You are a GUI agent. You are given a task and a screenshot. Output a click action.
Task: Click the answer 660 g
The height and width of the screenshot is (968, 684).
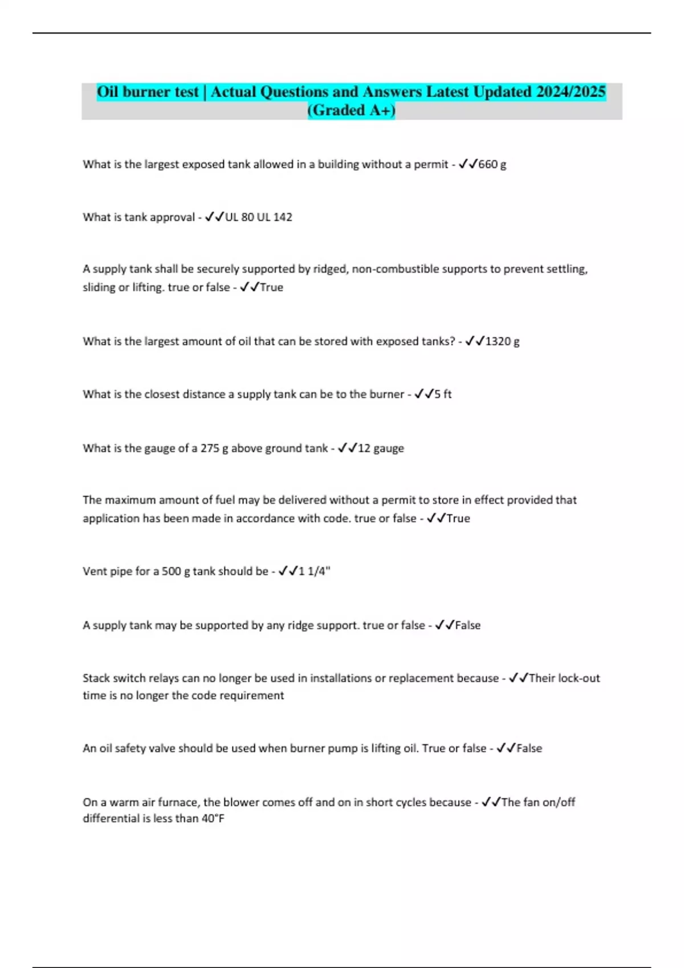[492, 164]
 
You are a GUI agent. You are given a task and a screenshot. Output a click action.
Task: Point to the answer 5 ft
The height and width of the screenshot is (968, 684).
[443, 394]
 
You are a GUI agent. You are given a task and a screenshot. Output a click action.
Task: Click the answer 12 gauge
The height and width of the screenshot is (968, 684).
[381, 448]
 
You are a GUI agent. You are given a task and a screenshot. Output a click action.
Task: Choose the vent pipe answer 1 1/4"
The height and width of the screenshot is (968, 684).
[315, 571]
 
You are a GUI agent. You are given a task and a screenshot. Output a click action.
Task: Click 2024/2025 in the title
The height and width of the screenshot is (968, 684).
[571, 92]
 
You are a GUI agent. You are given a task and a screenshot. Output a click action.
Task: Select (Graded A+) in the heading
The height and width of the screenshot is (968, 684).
[351, 110]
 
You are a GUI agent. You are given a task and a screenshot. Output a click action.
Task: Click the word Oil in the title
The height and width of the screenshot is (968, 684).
[108, 92]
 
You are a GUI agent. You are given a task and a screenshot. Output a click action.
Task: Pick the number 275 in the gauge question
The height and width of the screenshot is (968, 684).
[210, 448]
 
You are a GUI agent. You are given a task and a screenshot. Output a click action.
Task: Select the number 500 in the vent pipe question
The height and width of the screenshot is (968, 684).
[171, 571]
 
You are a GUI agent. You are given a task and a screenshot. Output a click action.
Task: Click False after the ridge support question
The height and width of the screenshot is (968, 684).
[467, 625]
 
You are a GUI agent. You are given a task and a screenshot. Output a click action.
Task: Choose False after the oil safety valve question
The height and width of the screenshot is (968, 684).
[529, 748]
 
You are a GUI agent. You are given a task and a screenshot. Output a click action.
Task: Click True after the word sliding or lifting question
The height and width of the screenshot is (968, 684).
[271, 287]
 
